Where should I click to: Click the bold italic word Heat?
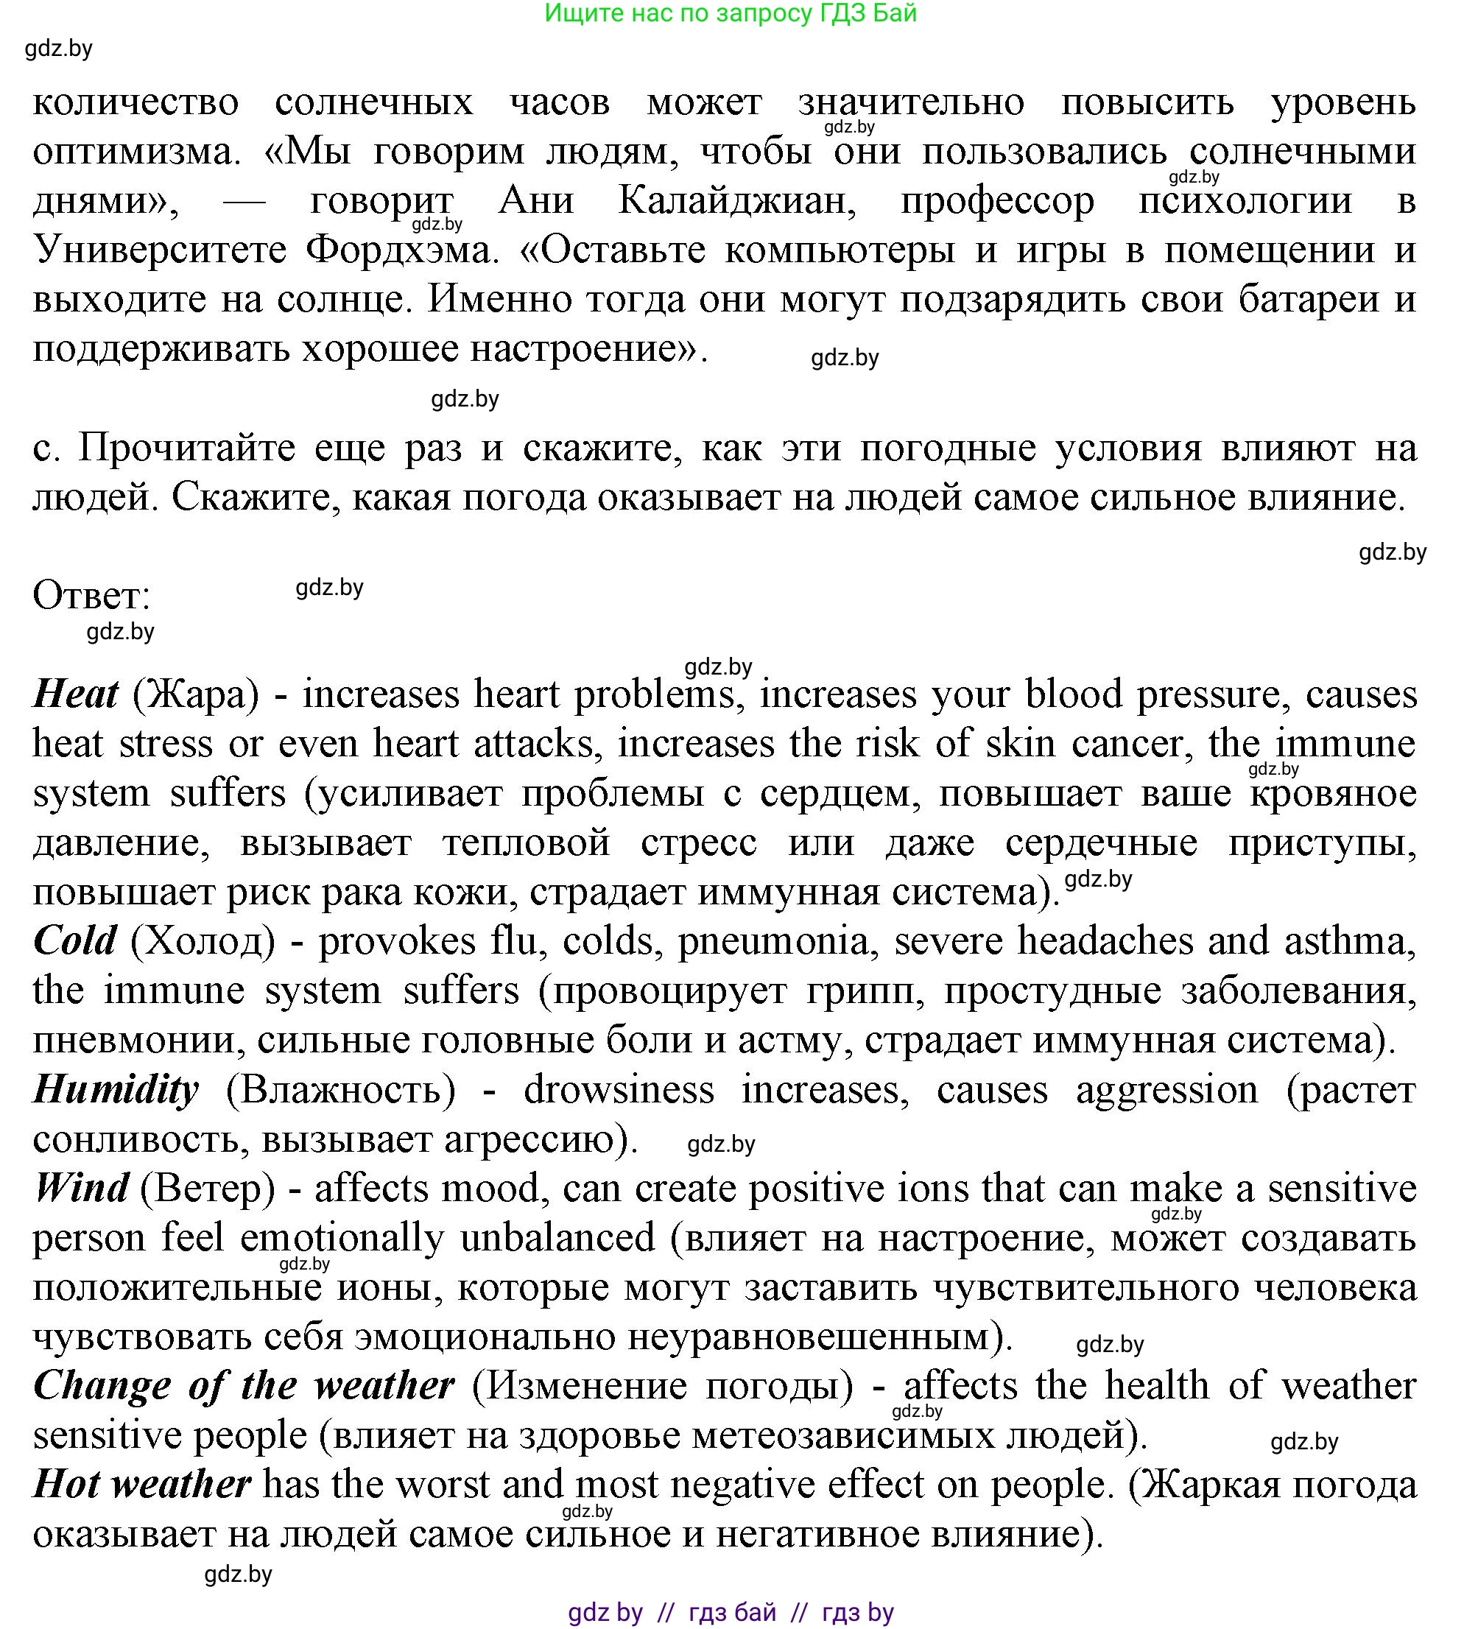tap(76, 694)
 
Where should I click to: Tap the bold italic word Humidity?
tap(116, 1091)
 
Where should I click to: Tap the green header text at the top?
tap(731, 14)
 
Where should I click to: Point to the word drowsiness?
tap(619, 1091)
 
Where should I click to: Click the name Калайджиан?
tap(737, 201)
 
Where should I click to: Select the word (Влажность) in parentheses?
tap(340, 1091)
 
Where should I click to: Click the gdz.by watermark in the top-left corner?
tap(59, 49)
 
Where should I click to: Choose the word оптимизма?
tap(137, 152)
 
